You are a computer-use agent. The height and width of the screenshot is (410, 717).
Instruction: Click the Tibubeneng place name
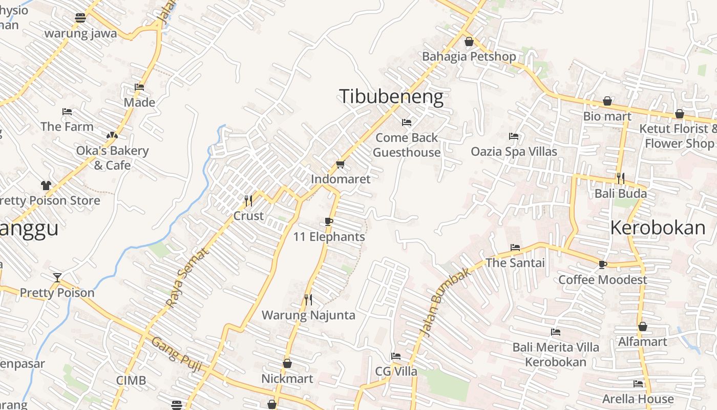click(x=391, y=96)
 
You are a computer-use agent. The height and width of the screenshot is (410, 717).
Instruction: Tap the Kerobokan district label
click(x=658, y=228)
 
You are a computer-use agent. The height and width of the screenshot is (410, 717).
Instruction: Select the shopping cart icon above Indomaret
click(x=340, y=165)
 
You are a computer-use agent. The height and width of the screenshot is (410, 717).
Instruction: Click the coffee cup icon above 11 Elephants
click(x=329, y=221)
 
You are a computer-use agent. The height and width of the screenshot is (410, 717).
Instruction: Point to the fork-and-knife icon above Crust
click(x=248, y=200)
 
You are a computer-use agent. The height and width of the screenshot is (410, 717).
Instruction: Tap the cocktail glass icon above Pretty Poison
click(x=57, y=278)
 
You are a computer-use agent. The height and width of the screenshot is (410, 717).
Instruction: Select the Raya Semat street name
click(x=188, y=278)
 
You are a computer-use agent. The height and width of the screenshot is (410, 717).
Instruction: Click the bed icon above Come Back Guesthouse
click(x=407, y=122)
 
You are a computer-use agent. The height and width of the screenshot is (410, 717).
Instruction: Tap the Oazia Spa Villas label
click(x=514, y=152)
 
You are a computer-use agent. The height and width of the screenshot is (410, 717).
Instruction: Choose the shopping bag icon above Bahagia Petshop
click(x=469, y=42)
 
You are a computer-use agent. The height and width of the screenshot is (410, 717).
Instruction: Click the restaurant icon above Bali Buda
click(x=621, y=178)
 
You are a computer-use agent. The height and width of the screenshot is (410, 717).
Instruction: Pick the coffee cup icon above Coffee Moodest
click(x=603, y=264)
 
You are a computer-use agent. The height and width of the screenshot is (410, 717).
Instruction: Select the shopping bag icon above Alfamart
click(x=643, y=326)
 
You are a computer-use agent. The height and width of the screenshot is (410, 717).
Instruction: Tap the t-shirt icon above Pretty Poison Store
click(x=46, y=186)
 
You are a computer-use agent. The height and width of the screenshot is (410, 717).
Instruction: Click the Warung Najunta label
click(x=308, y=315)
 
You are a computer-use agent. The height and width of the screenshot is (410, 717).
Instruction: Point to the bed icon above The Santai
click(x=515, y=248)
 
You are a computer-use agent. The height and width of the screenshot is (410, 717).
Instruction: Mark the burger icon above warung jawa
click(x=80, y=18)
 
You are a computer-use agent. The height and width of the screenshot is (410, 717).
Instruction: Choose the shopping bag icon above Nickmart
click(x=287, y=363)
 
